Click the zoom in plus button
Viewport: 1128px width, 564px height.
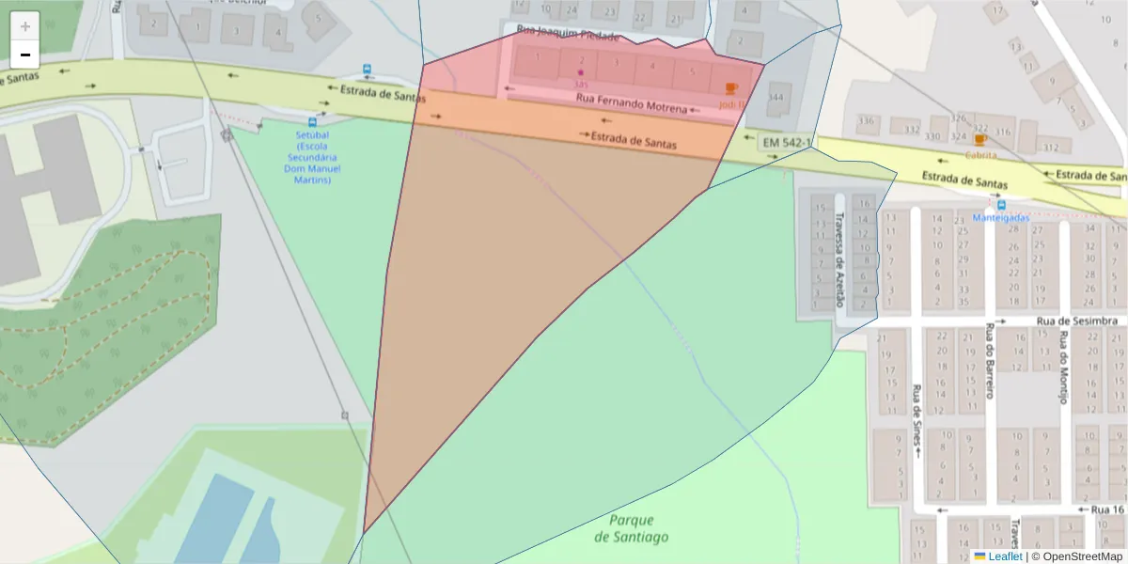25,26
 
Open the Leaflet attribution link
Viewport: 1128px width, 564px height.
1005,556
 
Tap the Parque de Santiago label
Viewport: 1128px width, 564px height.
632,528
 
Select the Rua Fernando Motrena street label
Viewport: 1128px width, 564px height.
632,102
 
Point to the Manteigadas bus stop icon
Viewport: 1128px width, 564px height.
1001,205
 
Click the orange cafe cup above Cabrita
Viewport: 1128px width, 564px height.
980,141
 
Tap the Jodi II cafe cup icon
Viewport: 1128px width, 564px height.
731,88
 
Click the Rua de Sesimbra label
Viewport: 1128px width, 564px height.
1076,321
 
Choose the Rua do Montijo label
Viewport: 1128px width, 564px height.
1063,368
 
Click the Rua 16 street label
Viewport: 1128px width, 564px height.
1107,509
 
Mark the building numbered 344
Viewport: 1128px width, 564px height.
775,98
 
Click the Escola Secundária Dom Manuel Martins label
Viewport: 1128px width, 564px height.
312,157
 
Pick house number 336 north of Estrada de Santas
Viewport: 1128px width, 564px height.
866,120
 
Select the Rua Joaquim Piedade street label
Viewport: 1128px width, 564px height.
569,36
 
